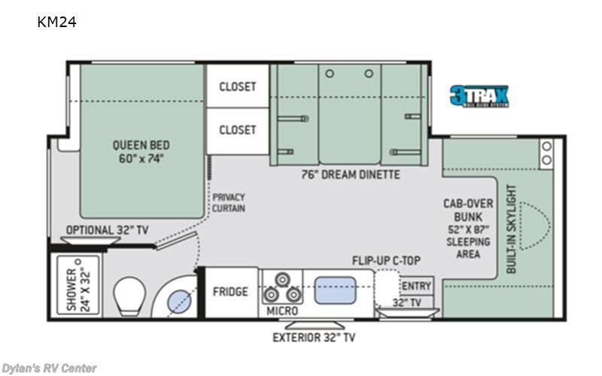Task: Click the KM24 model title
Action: (56, 22)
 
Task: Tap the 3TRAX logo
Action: (479, 96)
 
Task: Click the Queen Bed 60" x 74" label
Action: (141, 151)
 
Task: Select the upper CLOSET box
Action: (237, 86)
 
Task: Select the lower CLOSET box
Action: (237, 130)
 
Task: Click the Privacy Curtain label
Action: (228, 202)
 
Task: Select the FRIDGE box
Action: (230, 291)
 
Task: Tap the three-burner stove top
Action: (281, 287)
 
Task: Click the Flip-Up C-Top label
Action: (385, 261)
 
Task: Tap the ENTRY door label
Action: (416, 286)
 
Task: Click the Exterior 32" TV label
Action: (314, 337)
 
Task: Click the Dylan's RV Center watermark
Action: (49, 368)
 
